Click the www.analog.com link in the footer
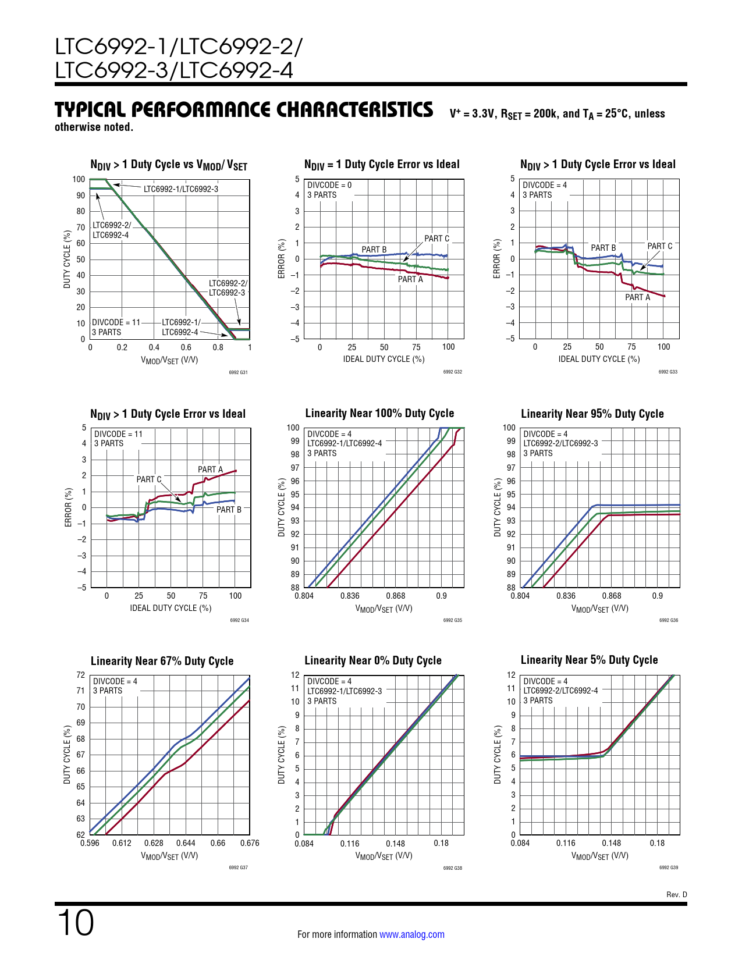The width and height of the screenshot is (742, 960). pyautogui.click(x=411, y=934)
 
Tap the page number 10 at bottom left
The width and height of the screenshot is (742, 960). pyautogui.click(x=75, y=923)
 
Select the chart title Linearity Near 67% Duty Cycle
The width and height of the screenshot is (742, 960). pyautogui.click(x=162, y=661)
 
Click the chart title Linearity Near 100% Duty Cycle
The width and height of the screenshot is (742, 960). pyautogui.click(x=379, y=413)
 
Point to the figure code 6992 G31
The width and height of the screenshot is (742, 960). pyautogui.click(x=238, y=372)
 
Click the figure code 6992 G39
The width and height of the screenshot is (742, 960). pyautogui.click(x=668, y=867)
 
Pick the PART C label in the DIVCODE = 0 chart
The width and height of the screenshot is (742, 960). pyautogui.click(x=436, y=239)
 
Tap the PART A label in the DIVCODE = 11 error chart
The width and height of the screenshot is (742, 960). pyautogui.click(x=210, y=470)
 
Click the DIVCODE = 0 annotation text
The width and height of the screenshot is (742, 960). pyautogui.click(x=329, y=185)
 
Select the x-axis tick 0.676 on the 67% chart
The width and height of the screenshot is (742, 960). pyautogui.click(x=250, y=843)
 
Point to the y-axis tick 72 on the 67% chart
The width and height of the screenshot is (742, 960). pyautogui.click(x=80, y=675)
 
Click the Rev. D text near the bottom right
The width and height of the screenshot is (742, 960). pyautogui.click(x=676, y=894)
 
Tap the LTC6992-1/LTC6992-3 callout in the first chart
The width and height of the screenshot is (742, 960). pyautogui.click(x=180, y=189)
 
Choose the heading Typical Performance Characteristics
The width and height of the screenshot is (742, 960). pyautogui.click(x=244, y=109)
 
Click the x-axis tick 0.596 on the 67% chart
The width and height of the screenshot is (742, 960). pyautogui.click(x=90, y=843)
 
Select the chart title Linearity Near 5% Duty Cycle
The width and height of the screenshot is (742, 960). pyautogui.click(x=589, y=660)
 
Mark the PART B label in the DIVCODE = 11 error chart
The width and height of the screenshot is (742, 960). pyautogui.click(x=229, y=510)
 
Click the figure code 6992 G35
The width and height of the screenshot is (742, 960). pyautogui.click(x=452, y=620)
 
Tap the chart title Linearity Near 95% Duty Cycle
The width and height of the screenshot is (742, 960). pyautogui.click(x=592, y=414)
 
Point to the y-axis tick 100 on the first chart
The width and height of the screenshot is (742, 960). pyautogui.click(x=79, y=179)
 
